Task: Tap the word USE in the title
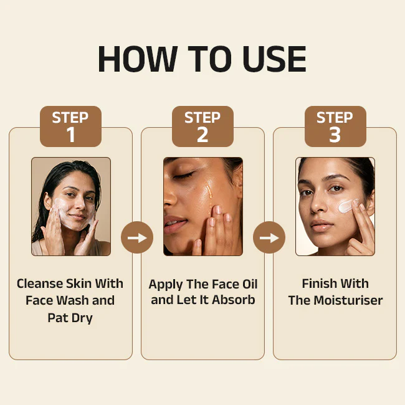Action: (x=274, y=59)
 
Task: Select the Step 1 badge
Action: (x=70, y=126)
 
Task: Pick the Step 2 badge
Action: (x=202, y=126)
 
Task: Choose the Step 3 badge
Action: (x=335, y=126)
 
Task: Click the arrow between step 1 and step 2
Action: (x=137, y=237)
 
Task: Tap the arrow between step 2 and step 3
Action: (x=269, y=237)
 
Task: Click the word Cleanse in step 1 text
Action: (x=40, y=283)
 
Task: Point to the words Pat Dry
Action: (x=70, y=318)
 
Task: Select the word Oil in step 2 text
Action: (x=249, y=284)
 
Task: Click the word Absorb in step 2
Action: (x=234, y=300)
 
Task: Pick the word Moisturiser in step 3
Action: (x=348, y=300)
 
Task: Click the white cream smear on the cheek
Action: (x=348, y=206)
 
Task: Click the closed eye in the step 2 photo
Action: (x=183, y=176)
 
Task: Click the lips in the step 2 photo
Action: (x=174, y=224)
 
